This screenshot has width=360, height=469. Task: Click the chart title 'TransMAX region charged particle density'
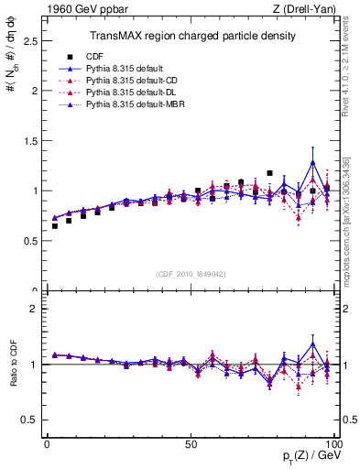pyautogui.click(x=191, y=36)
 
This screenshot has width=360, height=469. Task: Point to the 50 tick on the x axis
pyautogui.click(x=191, y=444)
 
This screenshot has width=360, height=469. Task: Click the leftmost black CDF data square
pyautogui.click(x=55, y=225)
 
